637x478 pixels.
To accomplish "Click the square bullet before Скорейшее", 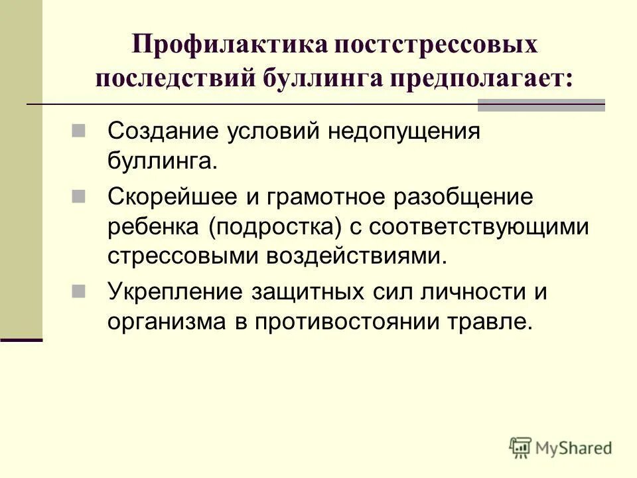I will (78, 196).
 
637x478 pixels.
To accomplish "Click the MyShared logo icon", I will (521, 447).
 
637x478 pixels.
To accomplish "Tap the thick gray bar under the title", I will (541, 104).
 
